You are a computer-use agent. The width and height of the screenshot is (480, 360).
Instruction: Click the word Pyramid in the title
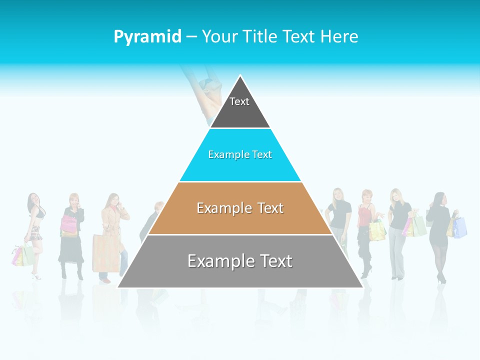(147, 36)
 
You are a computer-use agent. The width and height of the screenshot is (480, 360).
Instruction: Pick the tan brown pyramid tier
(240, 220)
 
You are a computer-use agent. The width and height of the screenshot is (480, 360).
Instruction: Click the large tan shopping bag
(105, 253)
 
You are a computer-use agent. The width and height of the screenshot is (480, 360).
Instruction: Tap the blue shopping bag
(460, 227)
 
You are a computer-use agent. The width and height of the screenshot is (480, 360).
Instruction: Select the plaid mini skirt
(34, 231)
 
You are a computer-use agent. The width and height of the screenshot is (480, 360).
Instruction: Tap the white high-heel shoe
(35, 275)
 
